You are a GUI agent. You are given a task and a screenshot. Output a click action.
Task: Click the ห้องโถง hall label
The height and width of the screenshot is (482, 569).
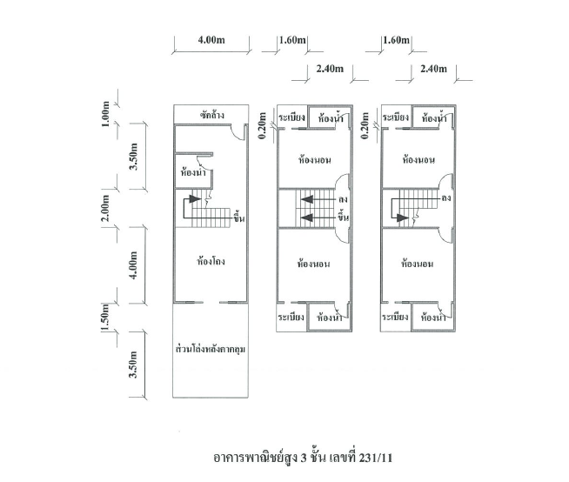pos(211,261)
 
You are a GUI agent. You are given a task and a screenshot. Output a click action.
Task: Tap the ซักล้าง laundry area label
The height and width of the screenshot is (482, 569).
pos(212,115)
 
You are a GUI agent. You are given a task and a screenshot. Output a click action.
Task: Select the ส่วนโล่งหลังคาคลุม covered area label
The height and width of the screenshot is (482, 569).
pos(210,349)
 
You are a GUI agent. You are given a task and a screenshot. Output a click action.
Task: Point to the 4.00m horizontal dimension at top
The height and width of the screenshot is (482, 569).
pos(211,39)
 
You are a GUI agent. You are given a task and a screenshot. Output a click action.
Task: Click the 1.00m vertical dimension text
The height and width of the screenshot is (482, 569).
pos(105,114)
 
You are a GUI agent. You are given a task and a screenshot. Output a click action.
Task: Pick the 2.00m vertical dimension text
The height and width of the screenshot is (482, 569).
pos(105,208)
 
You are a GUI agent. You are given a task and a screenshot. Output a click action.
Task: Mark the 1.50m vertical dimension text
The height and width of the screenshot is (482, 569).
pos(105,318)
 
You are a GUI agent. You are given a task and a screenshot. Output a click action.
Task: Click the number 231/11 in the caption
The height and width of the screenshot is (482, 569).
pos(376,458)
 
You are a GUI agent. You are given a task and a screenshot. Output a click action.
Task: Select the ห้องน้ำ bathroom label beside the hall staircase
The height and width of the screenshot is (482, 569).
pos(193,171)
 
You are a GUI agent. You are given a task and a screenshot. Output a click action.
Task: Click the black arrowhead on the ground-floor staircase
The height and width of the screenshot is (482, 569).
pos(195,199)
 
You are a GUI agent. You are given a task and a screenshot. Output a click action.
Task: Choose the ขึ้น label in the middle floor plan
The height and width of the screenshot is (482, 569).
pos(343,217)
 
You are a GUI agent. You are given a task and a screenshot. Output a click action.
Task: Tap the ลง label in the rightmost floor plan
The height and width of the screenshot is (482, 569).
pos(446,198)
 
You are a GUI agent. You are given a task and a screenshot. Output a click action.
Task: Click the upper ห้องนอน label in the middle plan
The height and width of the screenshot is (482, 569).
pos(315,160)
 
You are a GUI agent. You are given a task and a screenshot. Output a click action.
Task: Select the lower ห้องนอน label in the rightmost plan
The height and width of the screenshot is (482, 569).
pos(418,264)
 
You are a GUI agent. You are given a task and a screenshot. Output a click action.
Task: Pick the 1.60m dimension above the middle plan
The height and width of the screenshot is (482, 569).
pos(292,40)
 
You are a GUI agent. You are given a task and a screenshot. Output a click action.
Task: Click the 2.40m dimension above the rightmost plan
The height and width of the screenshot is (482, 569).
pos(433,69)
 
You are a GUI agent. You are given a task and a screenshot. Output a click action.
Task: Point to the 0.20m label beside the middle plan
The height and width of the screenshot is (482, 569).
pos(263,125)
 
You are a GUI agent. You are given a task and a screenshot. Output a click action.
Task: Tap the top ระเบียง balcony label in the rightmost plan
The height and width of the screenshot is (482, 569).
pos(396,117)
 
